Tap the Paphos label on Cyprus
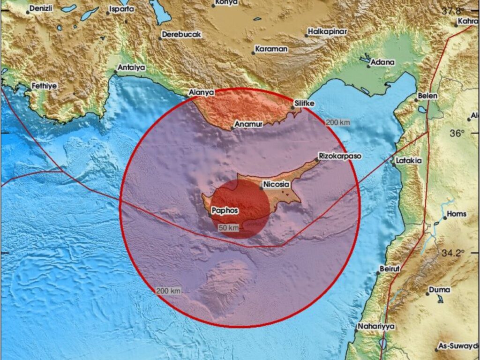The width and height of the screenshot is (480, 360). (225, 210)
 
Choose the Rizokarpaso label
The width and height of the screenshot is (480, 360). (340, 156)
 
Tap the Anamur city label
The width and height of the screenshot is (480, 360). (248, 124)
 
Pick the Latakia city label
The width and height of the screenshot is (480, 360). (409, 160)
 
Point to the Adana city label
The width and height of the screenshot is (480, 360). (382, 62)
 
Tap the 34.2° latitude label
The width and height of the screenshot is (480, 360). (452, 253)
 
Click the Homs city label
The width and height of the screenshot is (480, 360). (457, 214)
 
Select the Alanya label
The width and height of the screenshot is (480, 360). (201, 93)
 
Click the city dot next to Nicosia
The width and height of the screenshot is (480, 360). (261, 188)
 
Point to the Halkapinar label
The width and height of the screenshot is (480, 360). (327, 32)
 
